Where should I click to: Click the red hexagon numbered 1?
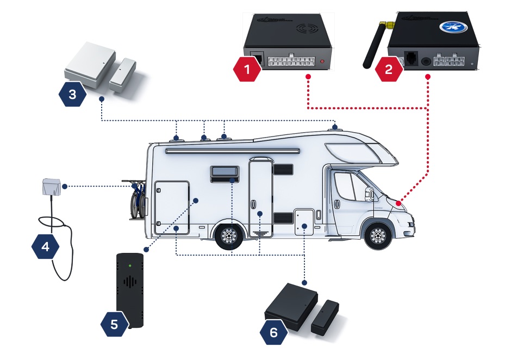(x=248, y=69)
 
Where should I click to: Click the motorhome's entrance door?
(x=260, y=196)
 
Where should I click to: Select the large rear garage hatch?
(x=172, y=207)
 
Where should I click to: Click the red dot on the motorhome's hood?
(x=400, y=202)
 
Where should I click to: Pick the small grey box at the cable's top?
(x=52, y=188)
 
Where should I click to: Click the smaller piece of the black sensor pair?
(x=324, y=317)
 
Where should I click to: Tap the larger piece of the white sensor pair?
(x=89, y=67)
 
